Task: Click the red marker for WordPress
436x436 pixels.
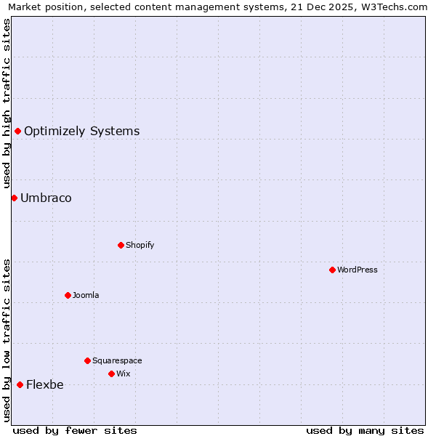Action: tap(332, 270)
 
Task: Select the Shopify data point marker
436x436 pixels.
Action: tap(121, 245)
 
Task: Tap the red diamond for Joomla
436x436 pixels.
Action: tap(68, 295)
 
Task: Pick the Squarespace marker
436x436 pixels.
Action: tap(87, 360)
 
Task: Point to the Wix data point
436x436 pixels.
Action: tap(111, 374)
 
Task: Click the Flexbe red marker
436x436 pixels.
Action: tap(20, 384)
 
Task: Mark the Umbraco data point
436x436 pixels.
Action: tap(14, 198)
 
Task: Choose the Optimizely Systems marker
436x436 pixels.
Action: tap(17, 131)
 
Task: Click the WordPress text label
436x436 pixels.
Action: tap(358, 270)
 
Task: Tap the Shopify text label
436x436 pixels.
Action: tap(140, 245)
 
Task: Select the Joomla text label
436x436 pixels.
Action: tap(86, 295)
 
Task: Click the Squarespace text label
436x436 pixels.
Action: tap(117, 360)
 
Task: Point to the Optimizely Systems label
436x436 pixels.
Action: tap(82, 132)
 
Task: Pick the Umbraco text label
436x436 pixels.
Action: tap(46, 198)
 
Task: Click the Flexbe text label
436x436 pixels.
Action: tap(45, 385)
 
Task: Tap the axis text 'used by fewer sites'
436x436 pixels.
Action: tap(75, 430)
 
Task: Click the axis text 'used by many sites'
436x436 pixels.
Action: tap(365, 430)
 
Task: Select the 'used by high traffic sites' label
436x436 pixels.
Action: tap(7, 104)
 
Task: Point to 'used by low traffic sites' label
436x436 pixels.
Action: tap(7, 340)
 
